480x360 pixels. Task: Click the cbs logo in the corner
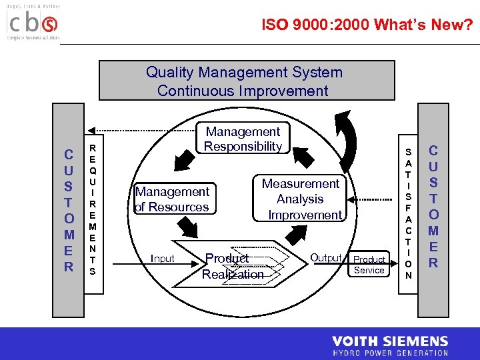33,24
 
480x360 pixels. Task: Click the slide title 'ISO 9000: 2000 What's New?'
367,25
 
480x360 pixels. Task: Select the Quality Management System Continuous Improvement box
244,81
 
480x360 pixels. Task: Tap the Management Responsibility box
243,139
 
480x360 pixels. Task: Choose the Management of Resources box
173,199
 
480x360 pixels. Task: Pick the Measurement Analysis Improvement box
301,199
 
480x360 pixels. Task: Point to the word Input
163,259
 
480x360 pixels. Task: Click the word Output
326,258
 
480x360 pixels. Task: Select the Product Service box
369,265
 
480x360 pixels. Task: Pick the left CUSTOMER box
69,211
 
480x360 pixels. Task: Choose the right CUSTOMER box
433,207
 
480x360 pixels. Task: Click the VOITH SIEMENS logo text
390,342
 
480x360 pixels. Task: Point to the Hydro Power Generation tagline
390,353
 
